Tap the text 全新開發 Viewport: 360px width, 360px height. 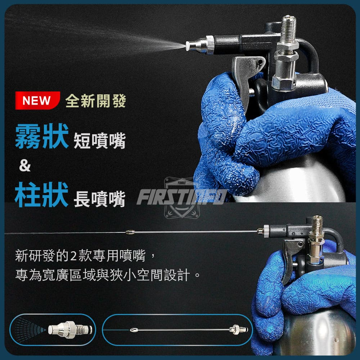[x=96, y=100]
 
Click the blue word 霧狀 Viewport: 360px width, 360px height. [x=42, y=136]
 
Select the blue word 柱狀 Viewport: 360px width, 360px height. [x=41, y=195]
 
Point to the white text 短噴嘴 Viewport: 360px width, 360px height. [x=100, y=140]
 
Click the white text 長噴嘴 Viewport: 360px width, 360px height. [x=100, y=199]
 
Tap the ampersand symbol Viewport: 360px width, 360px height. [x=25, y=166]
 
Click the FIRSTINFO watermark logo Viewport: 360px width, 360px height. [x=182, y=197]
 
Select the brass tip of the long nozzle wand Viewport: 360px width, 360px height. [x=130, y=232]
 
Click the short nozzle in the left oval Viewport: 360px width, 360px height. [x=70, y=330]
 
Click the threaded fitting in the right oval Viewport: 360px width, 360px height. [x=239, y=330]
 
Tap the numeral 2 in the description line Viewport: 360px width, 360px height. [x=73, y=256]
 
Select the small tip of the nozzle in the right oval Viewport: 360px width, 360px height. [x=134, y=330]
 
